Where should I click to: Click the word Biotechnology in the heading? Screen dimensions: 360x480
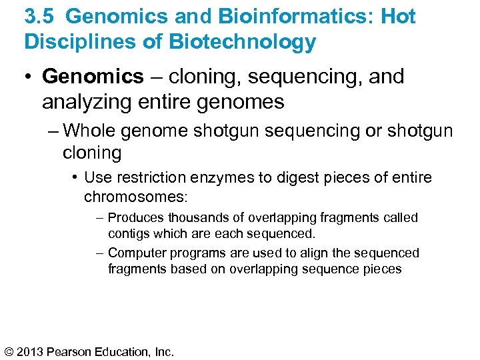click(242, 42)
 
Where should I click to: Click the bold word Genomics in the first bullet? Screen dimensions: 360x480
click(93, 77)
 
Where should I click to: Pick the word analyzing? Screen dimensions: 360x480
click(83, 102)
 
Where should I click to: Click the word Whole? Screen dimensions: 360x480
click(93, 131)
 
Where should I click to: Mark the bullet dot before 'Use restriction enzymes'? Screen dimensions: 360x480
click(76, 178)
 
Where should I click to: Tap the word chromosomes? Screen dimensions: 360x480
click(136, 197)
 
